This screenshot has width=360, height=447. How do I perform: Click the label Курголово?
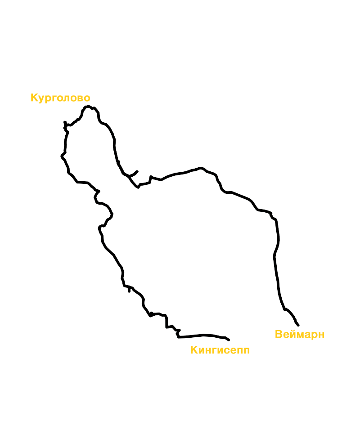coord(60,98)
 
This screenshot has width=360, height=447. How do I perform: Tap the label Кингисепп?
coord(220,350)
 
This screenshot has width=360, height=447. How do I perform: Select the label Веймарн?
coord(300,335)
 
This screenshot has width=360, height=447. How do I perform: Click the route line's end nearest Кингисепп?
coord(229,340)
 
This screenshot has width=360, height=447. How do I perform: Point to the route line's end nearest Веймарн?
coord(298,325)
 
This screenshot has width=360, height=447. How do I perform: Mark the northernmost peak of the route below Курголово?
coord(89,106)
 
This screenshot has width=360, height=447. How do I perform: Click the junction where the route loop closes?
coord(129,176)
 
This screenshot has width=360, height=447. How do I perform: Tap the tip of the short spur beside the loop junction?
coord(137,172)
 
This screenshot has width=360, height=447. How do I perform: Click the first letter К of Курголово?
coord(34,98)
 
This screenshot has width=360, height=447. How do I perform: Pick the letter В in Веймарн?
coord(279,334)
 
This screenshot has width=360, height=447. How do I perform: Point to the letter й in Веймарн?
coord(292,334)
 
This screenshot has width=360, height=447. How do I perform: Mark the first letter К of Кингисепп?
coord(194,350)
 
